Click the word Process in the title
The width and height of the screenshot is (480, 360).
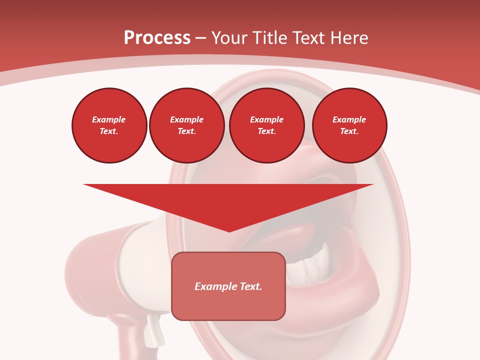pos(157,38)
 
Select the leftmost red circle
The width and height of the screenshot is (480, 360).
pos(109,125)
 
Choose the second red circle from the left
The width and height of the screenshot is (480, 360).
pos(186,125)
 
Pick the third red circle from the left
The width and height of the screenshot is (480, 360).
pos(266,125)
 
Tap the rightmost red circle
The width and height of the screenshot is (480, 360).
pos(349,125)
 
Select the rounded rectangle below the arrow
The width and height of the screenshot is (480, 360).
pos(228,305)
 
